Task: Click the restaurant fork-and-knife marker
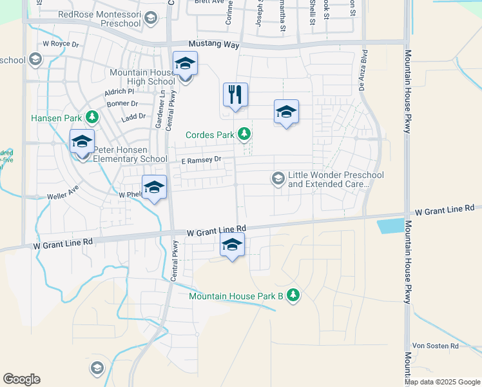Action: [x=235, y=94]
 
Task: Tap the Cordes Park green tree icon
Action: [x=244, y=134]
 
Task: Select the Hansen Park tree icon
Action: [x=93, y=117]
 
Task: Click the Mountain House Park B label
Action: [x=236, y=296]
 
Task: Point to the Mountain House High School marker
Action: [x=185, y=63]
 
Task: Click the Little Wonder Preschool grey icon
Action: [x=278, y=178]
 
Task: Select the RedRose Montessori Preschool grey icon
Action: [x=150, y=19]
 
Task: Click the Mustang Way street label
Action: [x=213, y=45]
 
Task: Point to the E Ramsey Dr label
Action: [x=201, y=159]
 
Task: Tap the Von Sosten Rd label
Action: [x=435, y=346]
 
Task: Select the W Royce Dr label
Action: [x=60, y=45]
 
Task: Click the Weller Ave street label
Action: [x=63, y=196]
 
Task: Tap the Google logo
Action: [x=21, y=379]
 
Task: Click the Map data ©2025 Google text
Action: [x=442, y=382]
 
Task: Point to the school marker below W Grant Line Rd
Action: [x=232, y=246]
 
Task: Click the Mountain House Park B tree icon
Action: [x=293, y=295]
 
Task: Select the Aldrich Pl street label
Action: [x=121, y=92]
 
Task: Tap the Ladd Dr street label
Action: [x=133, y=117]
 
